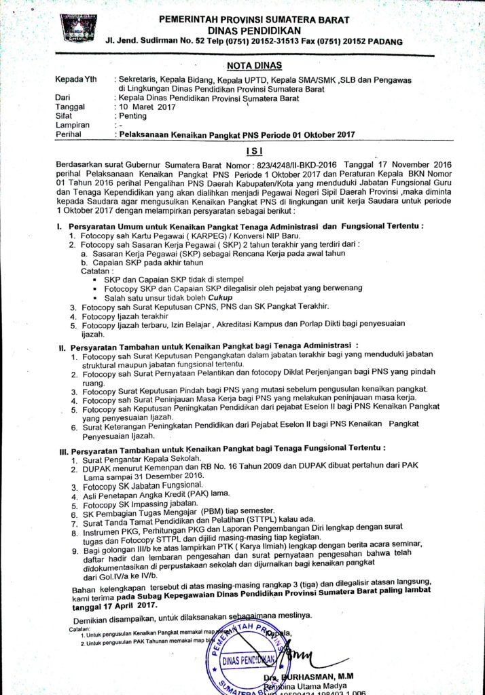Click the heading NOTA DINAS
pyautogui.click(x=252, y=66)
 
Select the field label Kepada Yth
pyautogui.click(x=76, y=80)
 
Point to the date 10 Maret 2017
pyautogui.click(x=147, y=107)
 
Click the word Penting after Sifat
pyautogui.click(x=132, y=116)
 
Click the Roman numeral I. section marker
pyautogui.click(x=60, y=225)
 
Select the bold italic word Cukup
pyautogui.click(x=221, y=297)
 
